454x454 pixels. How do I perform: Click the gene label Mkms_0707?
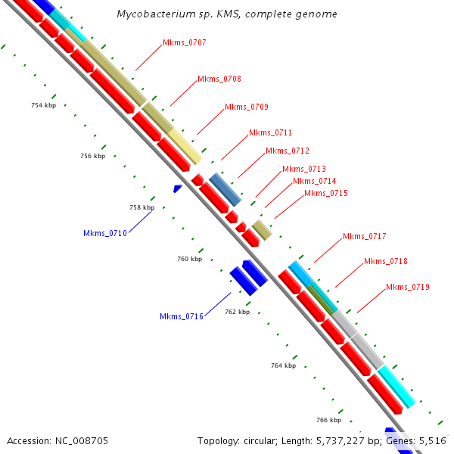[x=185, y=43]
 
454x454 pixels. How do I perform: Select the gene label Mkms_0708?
[x=219, y=79]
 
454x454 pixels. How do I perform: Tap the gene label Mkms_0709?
[x=247, y=107]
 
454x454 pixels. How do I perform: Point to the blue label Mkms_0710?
[x=105, y=233]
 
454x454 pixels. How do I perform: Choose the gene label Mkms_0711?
[x=270, y=133]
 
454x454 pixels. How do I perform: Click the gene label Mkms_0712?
[x=288, y=151]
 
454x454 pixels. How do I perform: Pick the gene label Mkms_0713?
[x=304, y=169]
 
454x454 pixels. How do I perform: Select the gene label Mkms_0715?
[x=326, y=194]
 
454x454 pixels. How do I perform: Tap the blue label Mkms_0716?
[x=182, y=316]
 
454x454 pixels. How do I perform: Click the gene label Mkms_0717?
[x=365, y=237]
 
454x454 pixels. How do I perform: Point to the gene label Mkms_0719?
[x=408, y=288]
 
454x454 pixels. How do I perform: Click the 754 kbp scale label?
[x=43, y=105]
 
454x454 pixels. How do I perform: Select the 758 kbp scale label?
[x=141, y=207]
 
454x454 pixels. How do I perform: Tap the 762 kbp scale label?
[x=237, y=312]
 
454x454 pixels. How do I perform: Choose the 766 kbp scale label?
[x=328, y=420]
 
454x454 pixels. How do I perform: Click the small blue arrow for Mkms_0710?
[x=178, y=188]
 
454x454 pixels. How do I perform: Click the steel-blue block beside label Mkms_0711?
[x=225, y=189]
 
